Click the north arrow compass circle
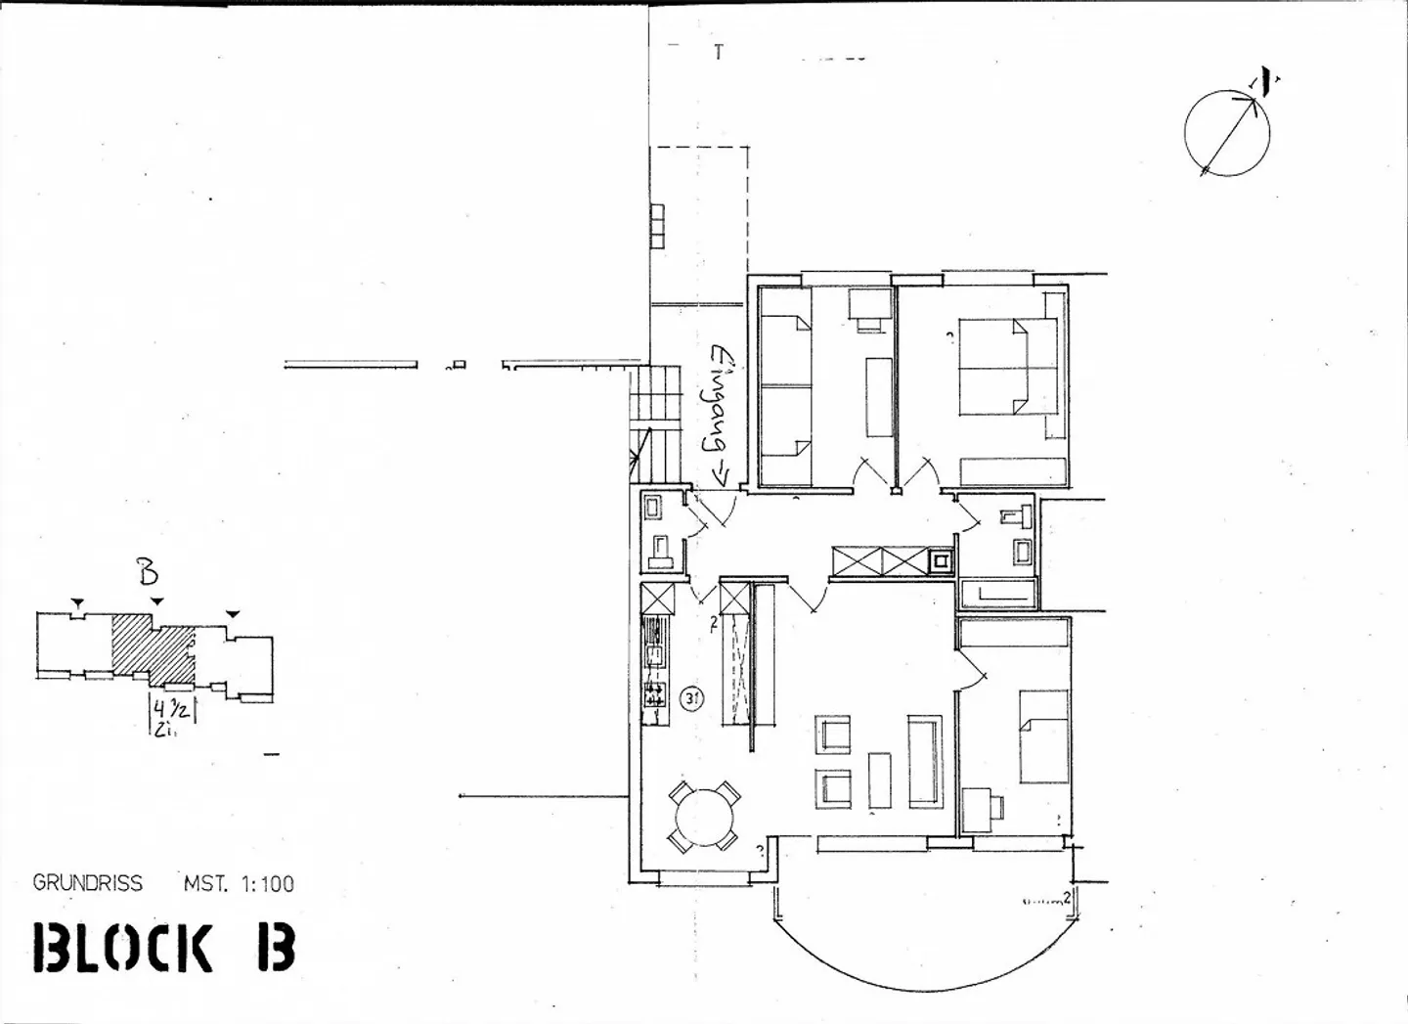(x=1227, y=133)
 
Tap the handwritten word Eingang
(x=722, y=411)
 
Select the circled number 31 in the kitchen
(x=691, y=698)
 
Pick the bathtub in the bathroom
(x=997, y=593)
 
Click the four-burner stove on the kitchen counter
(x=654, y=695)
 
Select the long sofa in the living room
(x=924, y=761)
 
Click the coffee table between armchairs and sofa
(x=880, y=780)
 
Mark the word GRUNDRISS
(x=87, y=883)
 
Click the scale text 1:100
(x=265, y=884)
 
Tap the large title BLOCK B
(x=163, y=947)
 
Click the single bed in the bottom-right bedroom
(x=1043, y=736)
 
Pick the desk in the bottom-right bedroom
(x=980, y=809)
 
